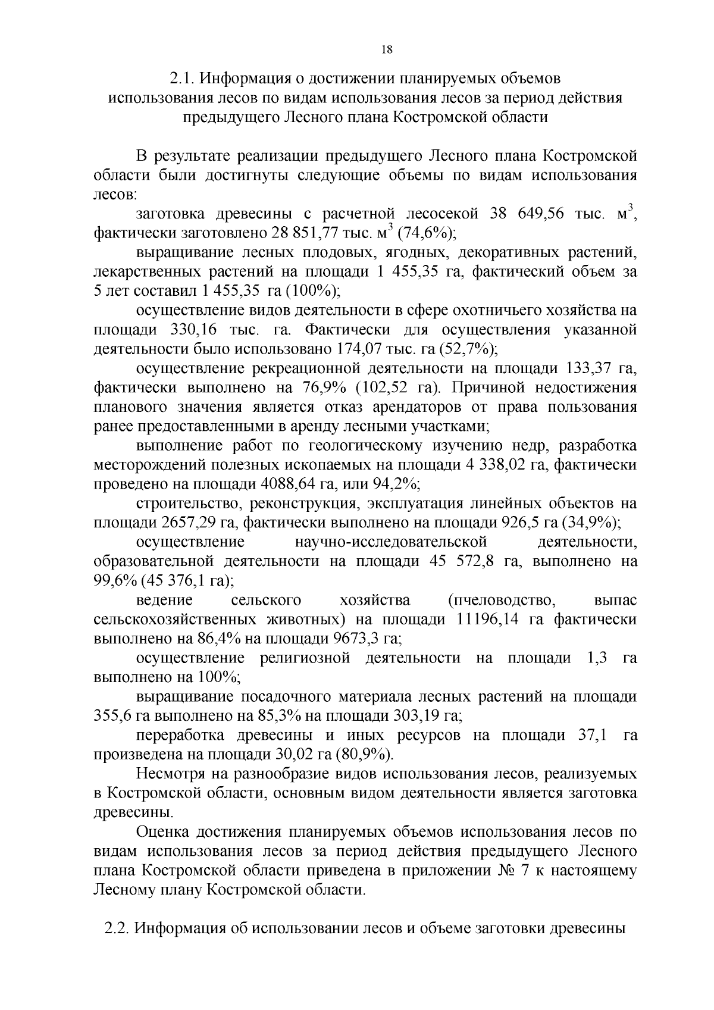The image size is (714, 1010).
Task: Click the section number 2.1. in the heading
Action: click(x=182, y=79)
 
